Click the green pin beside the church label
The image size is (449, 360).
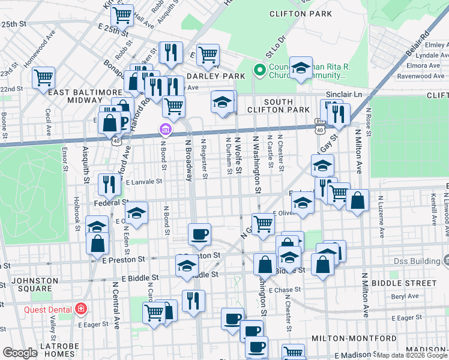point(260,70)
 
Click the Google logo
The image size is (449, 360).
point(20,353)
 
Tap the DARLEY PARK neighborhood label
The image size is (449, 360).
point(215,76)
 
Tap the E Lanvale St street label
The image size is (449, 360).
point(143,181)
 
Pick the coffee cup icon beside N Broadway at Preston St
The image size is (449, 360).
point(199,233)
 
